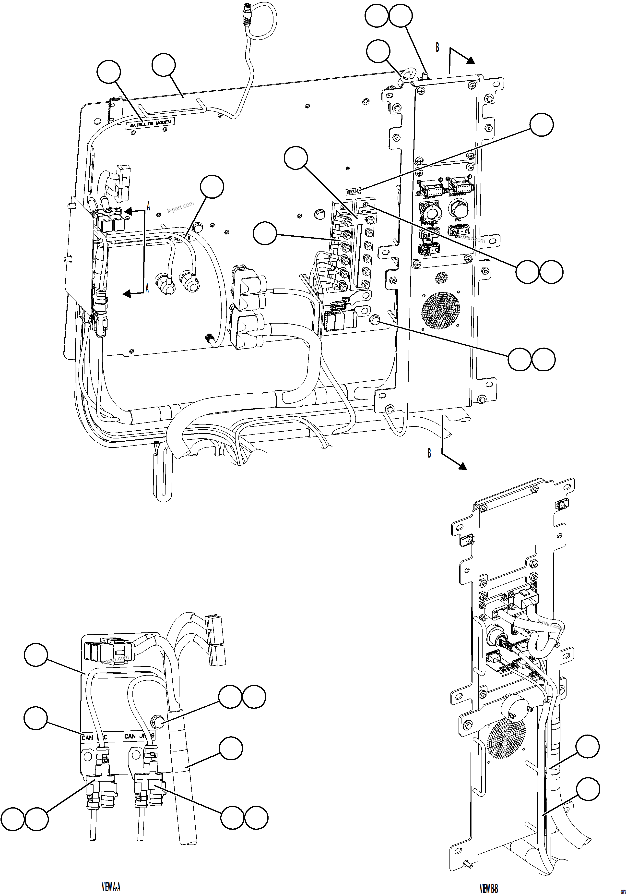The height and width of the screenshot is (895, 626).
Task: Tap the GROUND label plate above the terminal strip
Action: pyautogui.click(x=353, y=191)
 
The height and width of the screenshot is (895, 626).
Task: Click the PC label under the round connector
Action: pyautogui.click(x=458, y=220)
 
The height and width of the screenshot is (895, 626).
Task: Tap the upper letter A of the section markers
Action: pyautogui.click(x=148, y=206)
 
